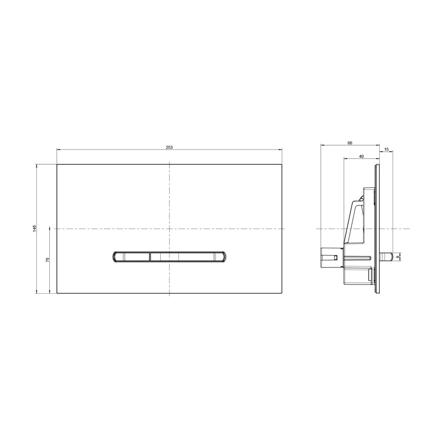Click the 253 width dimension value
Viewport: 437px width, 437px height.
[x=169, y=147]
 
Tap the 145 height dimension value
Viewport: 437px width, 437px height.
[x=35, y=228]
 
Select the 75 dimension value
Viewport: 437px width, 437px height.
[x=47, y=259]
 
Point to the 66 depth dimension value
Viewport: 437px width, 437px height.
[x=350, y=143]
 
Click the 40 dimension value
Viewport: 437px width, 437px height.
[x=361, y=156]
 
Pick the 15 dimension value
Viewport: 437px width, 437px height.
[x=386, y=149]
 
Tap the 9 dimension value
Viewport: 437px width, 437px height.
[x=398, y=257]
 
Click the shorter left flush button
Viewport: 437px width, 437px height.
[x=132, y=257]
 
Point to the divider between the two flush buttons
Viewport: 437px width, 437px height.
[x=150, y=257]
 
